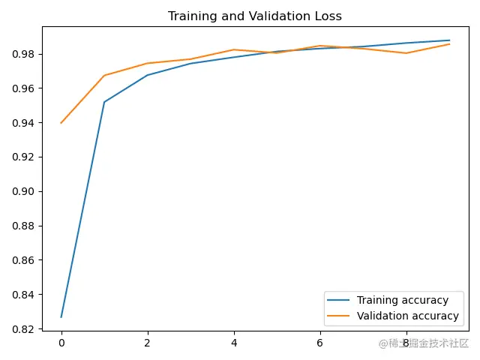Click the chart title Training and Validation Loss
click(x=255, y=16)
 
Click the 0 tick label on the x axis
click(x=61, y=343)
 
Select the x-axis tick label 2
click(x=148, y=343)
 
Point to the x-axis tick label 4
click(x=234, y=343)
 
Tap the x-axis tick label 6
click(x=320, y=343)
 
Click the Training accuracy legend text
click(x=402, y=300)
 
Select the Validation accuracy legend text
click(x=407, y=316)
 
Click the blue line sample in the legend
click(x=340, y=300)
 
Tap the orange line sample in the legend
click(x=340, y=316)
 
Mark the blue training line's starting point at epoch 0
click(x=61, y=316)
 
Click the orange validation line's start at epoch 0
click(x=61, y=122)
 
